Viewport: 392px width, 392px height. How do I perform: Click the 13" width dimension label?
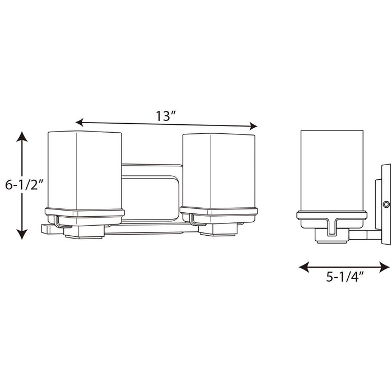pos(166,117)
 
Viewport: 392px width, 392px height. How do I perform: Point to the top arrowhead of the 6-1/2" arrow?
pos(21,136)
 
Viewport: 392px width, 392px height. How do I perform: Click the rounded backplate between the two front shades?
pos(151,190)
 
